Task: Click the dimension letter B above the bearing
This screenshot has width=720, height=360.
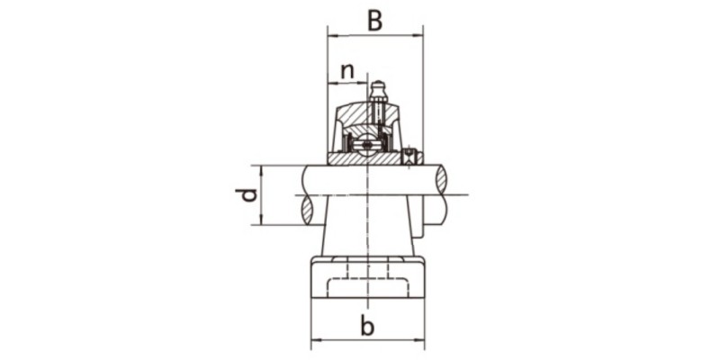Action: point(375,20)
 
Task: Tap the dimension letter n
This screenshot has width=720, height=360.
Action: point(347,69)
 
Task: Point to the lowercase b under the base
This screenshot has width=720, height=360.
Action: point(367,326)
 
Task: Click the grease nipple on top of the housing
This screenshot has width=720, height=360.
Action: point(378,90)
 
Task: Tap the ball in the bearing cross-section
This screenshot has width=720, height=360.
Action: point(366,144)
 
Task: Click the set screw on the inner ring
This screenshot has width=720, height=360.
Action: point(411,157)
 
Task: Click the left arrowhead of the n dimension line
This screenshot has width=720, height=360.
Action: point(331,83)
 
